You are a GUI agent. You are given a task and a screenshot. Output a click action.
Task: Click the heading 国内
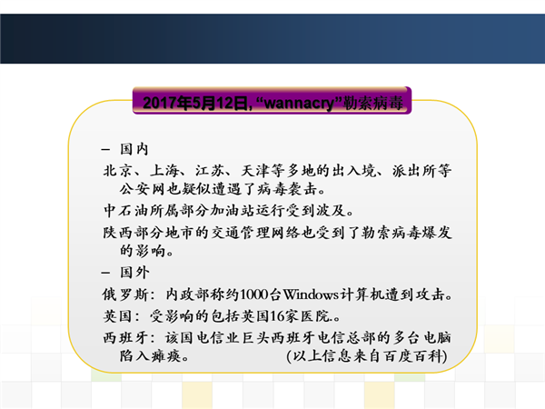(x=134, y=149)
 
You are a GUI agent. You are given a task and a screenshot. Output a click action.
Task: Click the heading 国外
(x=134, y=273)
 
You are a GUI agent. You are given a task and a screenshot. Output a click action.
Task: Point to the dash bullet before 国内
(x=105, y=150)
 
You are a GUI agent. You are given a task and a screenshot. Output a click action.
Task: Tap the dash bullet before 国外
(x=105, y=273)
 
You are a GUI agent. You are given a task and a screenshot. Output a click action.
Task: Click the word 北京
(x=117, y=171)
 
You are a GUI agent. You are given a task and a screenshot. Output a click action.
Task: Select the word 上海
(x=164, y=171)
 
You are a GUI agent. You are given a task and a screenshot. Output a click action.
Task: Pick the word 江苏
(x=210, y=171)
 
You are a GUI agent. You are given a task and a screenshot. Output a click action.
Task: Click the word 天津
(x=256, y=171)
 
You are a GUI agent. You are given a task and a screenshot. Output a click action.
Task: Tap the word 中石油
(x=126, y=211)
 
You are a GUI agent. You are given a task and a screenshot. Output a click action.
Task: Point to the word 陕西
(x=118, y=233)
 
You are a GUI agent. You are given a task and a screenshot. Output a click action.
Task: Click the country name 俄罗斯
(x=125, y=294)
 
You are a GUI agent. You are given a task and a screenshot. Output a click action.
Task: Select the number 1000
(x=254, y=294)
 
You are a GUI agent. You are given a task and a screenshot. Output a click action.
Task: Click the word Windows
(x=311, y=294)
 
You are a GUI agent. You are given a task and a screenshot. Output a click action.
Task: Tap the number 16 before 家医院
(x=277, y=316)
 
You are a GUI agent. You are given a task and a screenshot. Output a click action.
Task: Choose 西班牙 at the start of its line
(x=126, y=338)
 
